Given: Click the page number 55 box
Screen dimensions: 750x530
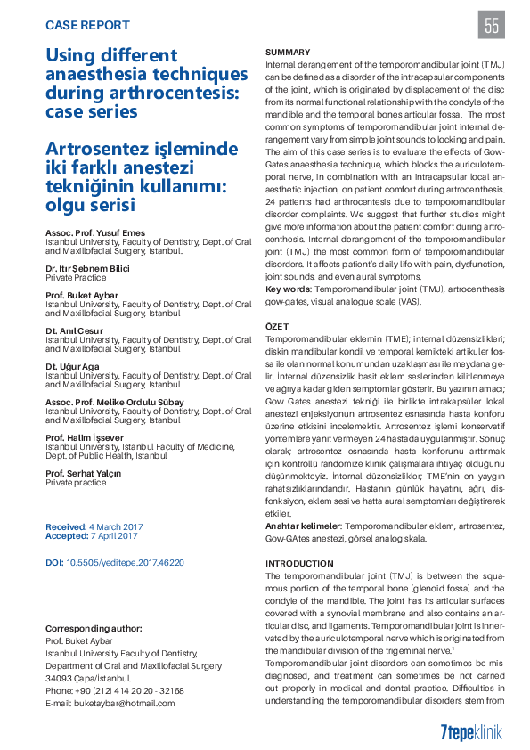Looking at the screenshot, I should click(492, 25).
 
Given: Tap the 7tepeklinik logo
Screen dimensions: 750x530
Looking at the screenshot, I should click(471, 732).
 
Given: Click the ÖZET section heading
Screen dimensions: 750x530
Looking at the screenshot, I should click(278, 329).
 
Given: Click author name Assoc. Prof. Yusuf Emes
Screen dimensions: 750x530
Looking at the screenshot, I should click(94, 232).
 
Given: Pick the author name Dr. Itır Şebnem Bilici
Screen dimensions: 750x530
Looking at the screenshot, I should click(88, 268).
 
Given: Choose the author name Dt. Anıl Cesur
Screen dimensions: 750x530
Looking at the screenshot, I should click(75, 330).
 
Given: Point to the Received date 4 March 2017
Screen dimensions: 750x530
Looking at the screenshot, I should click(116, 526).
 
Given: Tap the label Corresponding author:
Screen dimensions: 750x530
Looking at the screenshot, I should click(94, 628).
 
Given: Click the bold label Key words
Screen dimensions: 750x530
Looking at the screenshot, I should click(288, 289).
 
